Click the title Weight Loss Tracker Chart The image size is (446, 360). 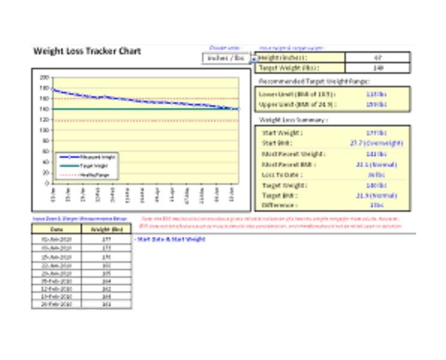tap(88, 51)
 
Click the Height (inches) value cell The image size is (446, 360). tap(378, 58)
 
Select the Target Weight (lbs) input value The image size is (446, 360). tap(378, 68)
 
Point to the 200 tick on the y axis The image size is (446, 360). tap(44, 77)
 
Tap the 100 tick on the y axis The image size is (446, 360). tap(44, 130)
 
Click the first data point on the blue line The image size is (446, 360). tap(53, 89)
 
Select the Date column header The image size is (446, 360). tap(56, 229)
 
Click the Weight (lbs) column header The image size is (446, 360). tap(106, 229)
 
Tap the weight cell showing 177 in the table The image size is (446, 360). tap(106, 239)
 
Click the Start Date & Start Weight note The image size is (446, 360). tap(170, 239)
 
